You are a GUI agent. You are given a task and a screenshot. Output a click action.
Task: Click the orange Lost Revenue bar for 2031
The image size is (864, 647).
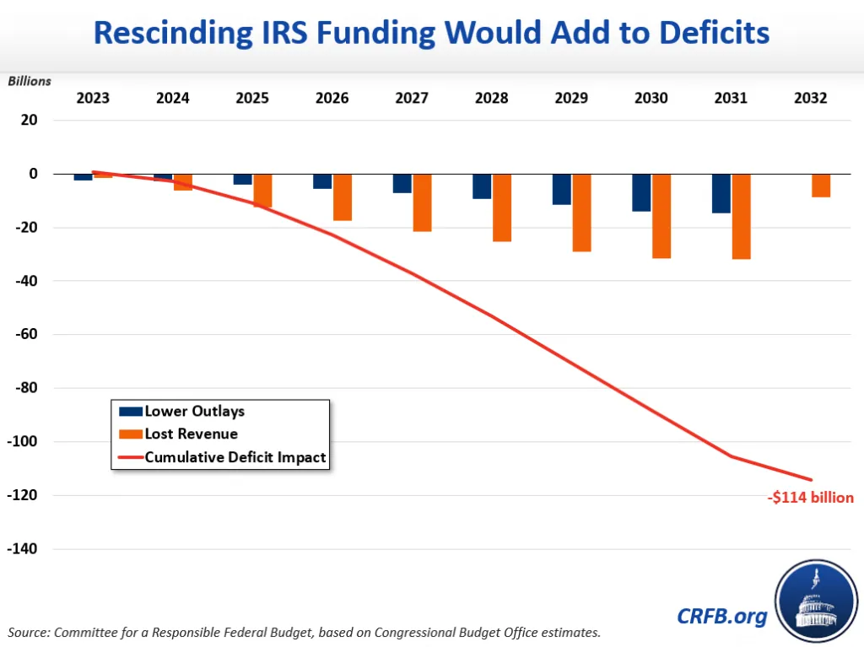742,216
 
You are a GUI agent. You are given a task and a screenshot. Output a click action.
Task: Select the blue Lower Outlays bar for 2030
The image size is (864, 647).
641,192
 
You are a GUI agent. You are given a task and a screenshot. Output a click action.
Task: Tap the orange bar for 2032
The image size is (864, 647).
821,186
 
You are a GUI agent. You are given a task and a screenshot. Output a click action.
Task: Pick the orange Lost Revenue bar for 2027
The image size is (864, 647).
422,202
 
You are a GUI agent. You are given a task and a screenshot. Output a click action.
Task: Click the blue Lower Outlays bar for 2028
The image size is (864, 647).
482,186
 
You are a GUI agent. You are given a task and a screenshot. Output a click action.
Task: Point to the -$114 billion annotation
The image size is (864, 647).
811,498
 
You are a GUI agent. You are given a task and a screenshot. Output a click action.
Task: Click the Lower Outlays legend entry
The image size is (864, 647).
194,412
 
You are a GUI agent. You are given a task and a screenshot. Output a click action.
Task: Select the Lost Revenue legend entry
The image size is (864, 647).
191,434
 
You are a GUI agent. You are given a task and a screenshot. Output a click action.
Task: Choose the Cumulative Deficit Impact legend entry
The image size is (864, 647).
235,457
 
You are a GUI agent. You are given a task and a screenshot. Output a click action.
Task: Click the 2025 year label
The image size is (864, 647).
252,98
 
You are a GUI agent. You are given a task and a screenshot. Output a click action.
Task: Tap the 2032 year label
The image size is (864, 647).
811,98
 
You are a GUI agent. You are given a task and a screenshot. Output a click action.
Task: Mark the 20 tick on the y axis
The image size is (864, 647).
30,121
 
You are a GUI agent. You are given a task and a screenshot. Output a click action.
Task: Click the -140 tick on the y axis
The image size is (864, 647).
24,549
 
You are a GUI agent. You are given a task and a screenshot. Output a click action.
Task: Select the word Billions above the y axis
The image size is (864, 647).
30,81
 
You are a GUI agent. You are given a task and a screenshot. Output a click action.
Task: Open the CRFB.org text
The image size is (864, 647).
722,616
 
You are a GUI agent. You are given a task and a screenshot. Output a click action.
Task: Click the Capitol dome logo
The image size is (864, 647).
815,600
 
